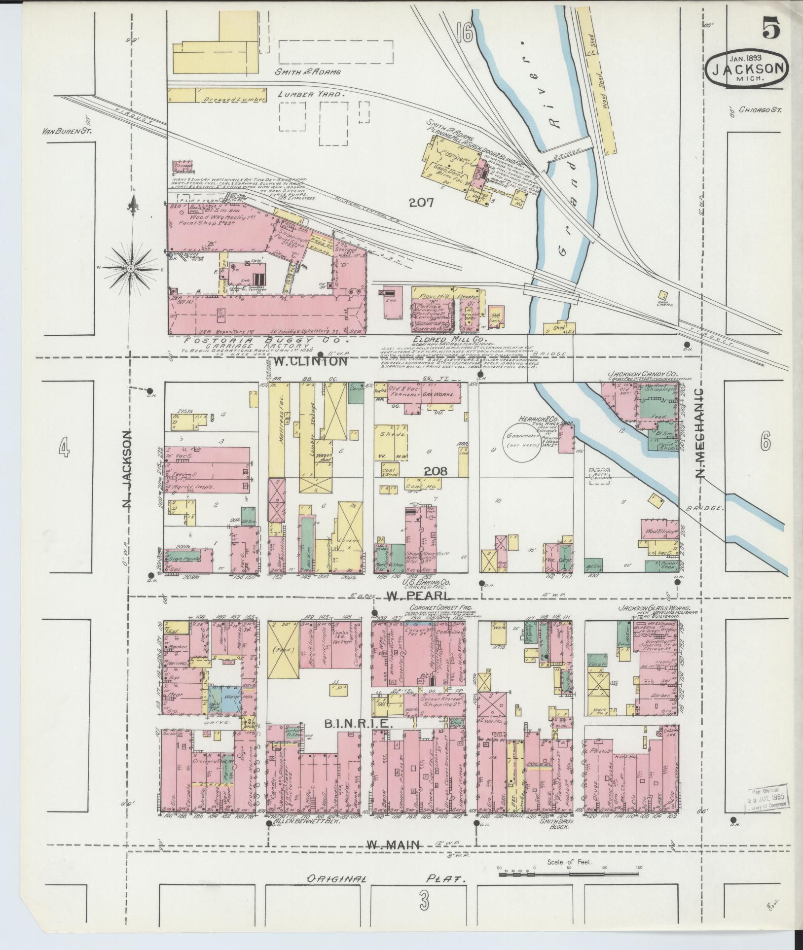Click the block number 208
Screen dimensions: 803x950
coord(436,471)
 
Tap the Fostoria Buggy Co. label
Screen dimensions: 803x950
coord(266,341)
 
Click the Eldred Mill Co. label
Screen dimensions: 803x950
coord(449,340)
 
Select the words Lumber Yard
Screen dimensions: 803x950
coord(310,94)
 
